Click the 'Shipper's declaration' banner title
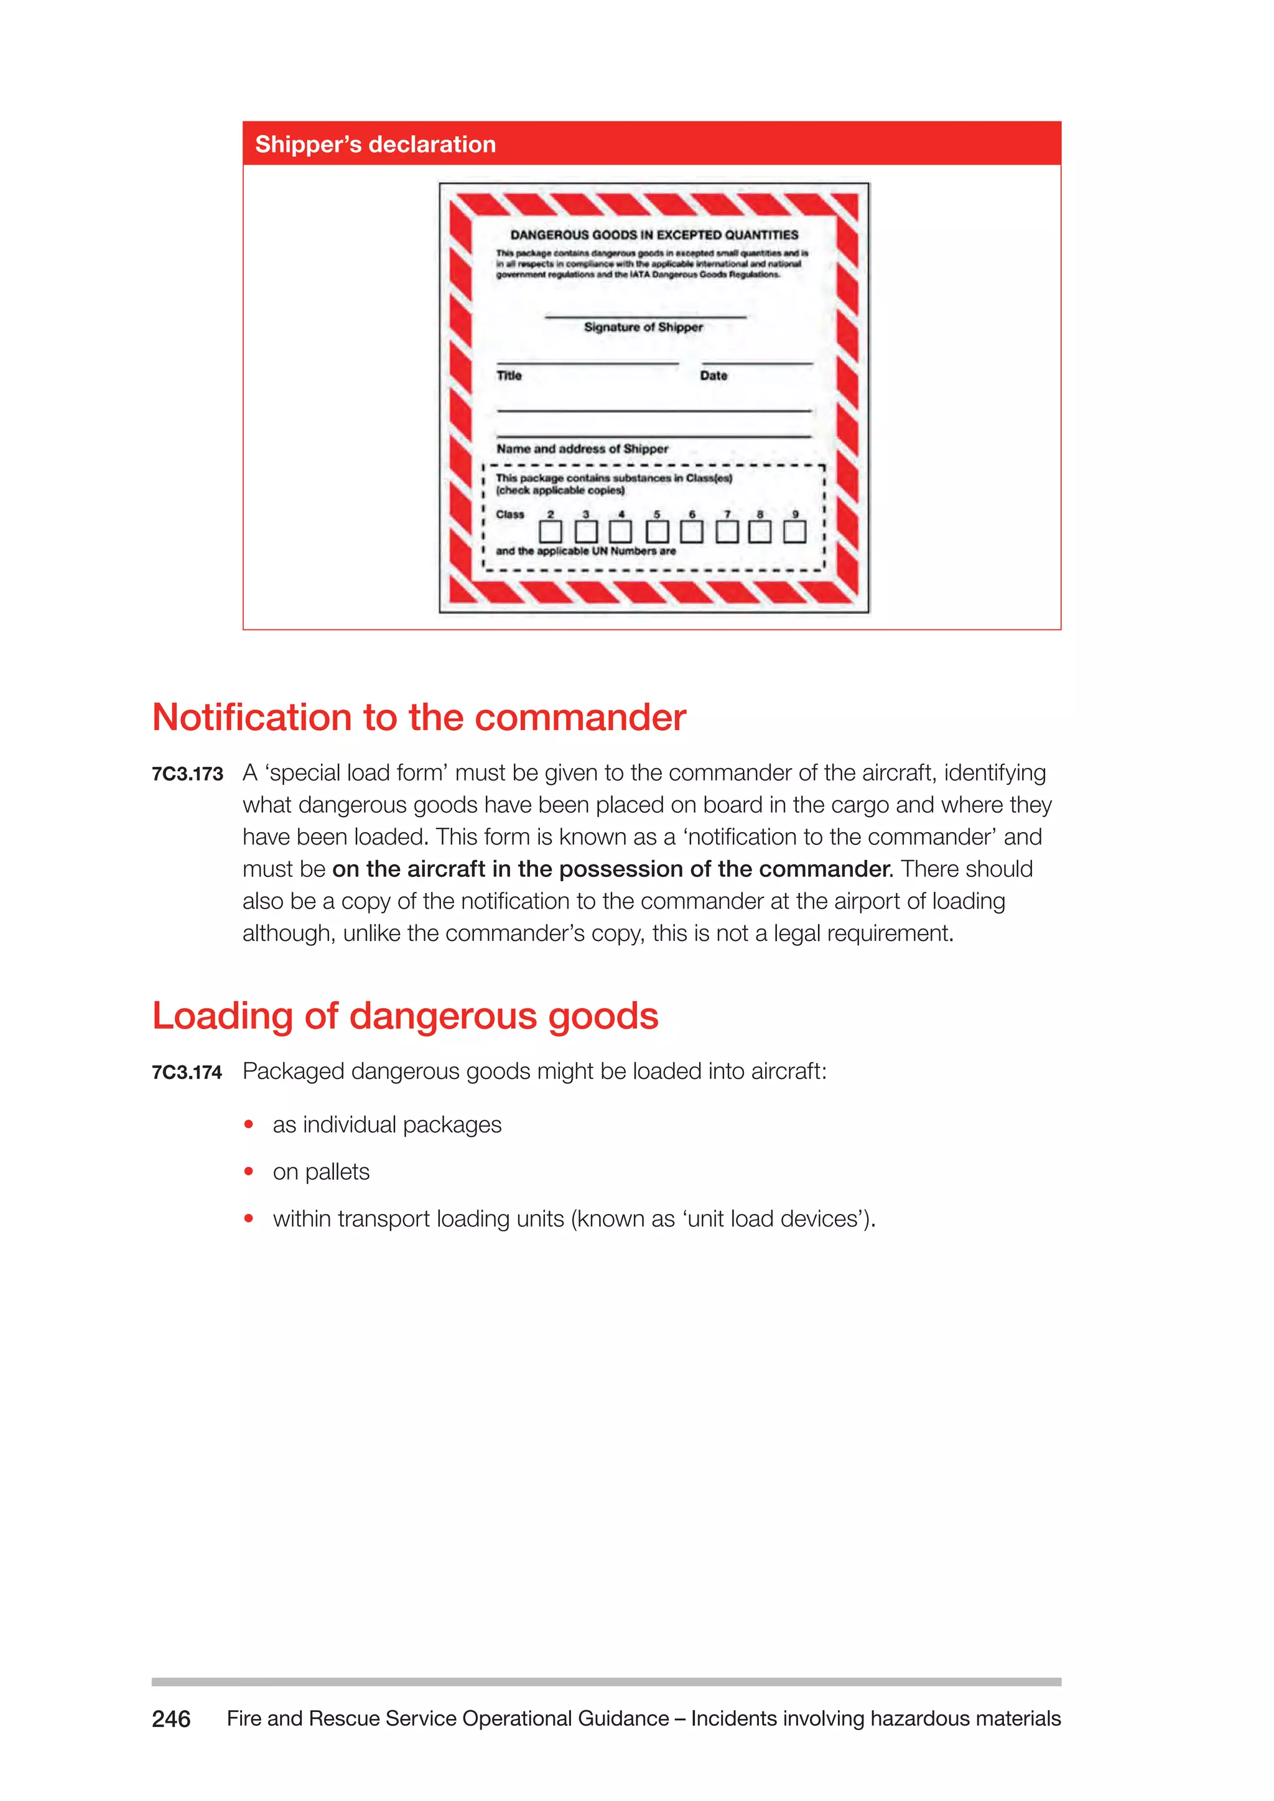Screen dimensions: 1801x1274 pos(375,144)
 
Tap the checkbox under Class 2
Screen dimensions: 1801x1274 pos(551,532)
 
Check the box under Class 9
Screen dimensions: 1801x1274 pos(794,532)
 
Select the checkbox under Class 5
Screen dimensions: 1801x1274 pos(658,532)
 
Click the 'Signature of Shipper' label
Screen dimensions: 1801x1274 pos(643,327)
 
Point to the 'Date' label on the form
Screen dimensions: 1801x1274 pos(714,376)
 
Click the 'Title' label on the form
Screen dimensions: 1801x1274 pos(509,376)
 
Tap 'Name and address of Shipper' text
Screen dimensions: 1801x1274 pos(582,448)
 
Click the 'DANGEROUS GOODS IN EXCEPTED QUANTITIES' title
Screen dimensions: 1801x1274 pos(654,234)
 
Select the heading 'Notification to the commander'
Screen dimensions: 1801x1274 pos(419,717)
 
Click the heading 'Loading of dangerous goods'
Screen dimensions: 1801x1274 pos(405,1016)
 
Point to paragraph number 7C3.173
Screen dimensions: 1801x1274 pos(187,774)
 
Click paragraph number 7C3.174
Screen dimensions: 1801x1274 pos(187,1072)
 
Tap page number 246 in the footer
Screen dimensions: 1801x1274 pos(171,1719)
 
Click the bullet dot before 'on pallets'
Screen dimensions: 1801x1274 pos(249,1172)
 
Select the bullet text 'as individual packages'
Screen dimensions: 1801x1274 pos(387,1125)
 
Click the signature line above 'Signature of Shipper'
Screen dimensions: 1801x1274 pos(645,317)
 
